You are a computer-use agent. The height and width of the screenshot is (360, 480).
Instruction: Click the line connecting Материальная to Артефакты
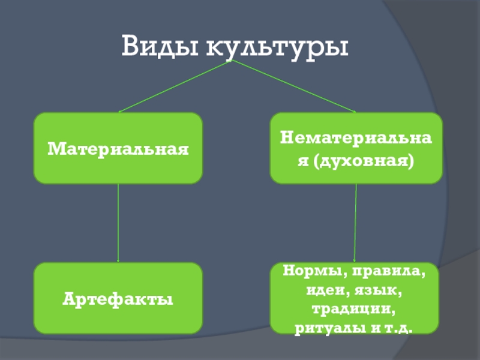(118, 222)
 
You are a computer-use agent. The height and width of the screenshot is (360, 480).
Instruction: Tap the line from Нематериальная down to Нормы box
(356, 222)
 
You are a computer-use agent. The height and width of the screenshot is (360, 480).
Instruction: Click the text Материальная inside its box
(118, 148)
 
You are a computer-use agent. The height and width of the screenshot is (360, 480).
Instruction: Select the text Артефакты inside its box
(118, 298)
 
